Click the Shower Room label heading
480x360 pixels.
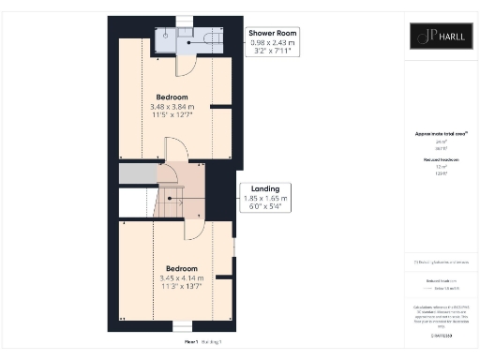pyautogui.click(x=271, y=34)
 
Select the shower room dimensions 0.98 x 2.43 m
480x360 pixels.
pyautogui.click(x=271, y=43)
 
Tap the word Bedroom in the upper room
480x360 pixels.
pyautogui.click(x=172, y=97)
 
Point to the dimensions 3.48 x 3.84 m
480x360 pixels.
pyautogui.click(x=172, y=107)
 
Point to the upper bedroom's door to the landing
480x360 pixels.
pyautogui.click(x=175, y=148)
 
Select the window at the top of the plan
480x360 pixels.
pyautogui.click(x=184, y=20)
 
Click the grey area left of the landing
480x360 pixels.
pyautogui.click(x=137, y=173)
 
